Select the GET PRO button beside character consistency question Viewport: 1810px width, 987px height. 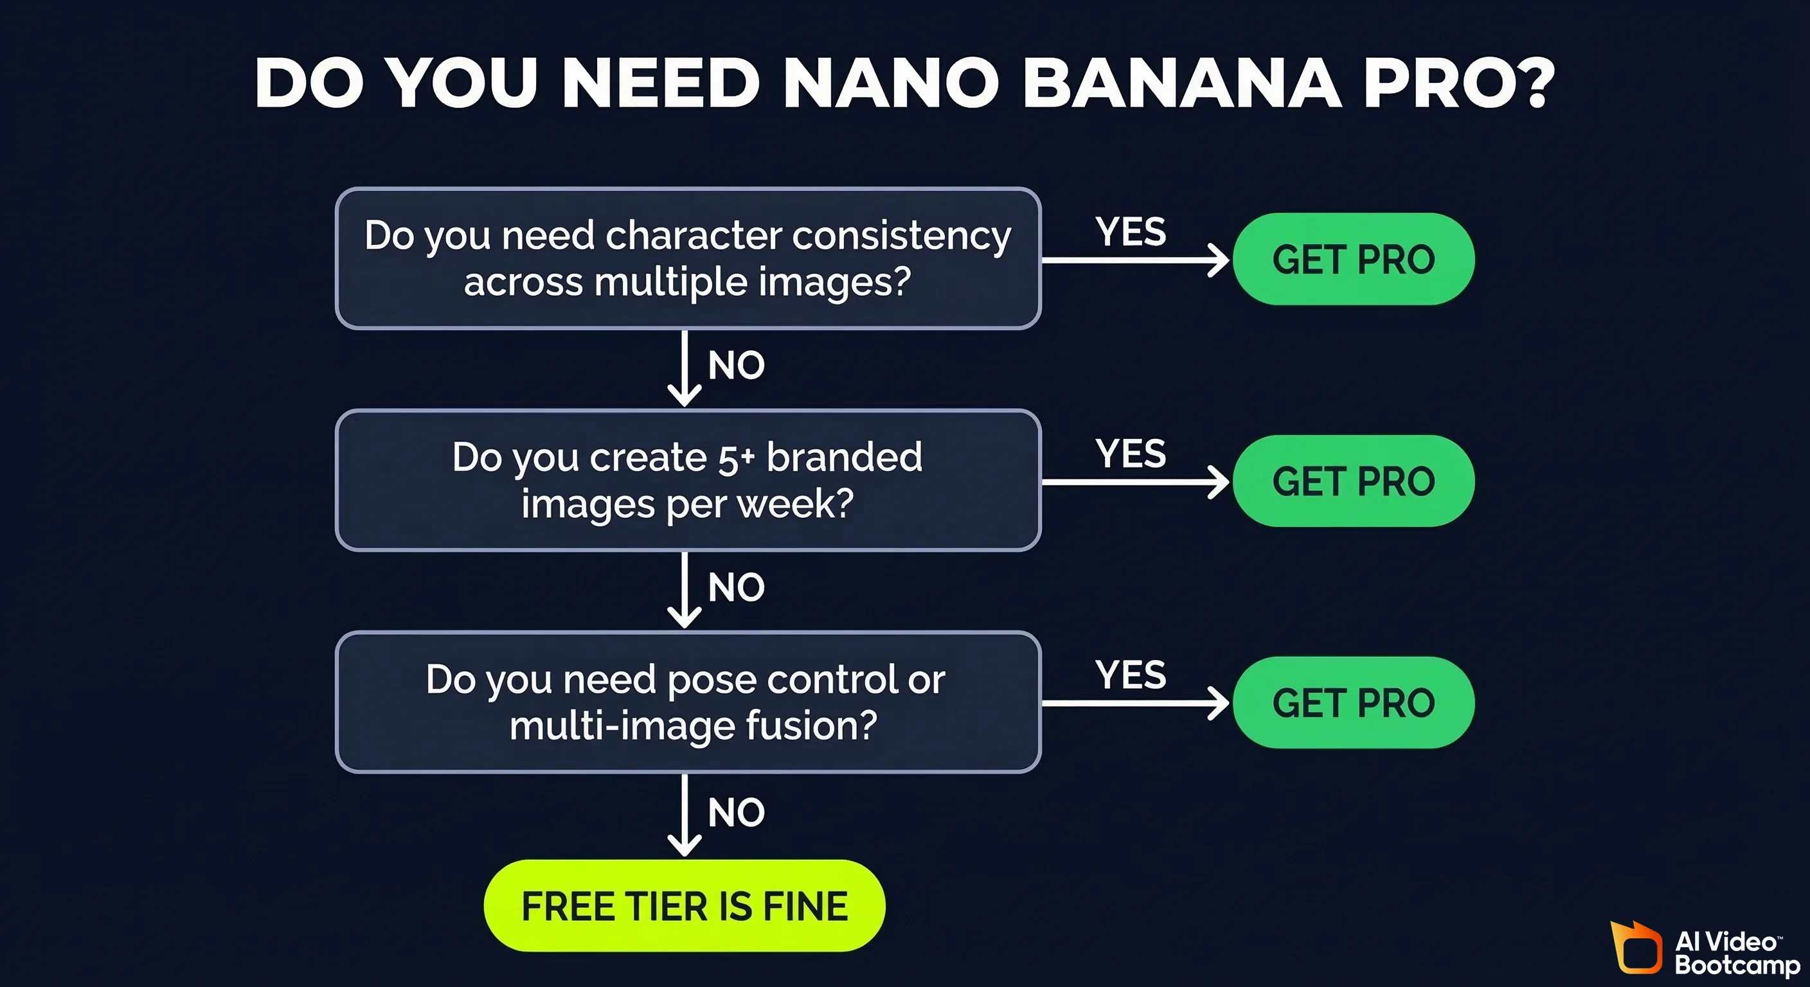click(x=1353, y=259)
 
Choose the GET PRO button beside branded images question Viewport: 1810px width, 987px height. click(x=1353, y=481)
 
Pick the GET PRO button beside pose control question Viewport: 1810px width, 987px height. click(x=1353, y=702)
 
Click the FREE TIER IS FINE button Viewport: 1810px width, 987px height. click(x=685, y=905)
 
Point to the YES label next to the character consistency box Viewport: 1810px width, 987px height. click(x=1131, y=232)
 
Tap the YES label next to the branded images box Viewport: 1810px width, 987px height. click(x=1131, y=454)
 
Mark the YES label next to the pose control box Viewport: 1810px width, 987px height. click(x=1131, y=675)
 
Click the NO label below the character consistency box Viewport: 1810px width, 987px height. click(x=736, y=365)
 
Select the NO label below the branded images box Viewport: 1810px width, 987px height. click(x=736, y=587)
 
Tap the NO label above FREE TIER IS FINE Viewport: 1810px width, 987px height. click(x=736, y=813)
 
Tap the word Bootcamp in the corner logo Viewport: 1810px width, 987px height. click(x=1737, y=965)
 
